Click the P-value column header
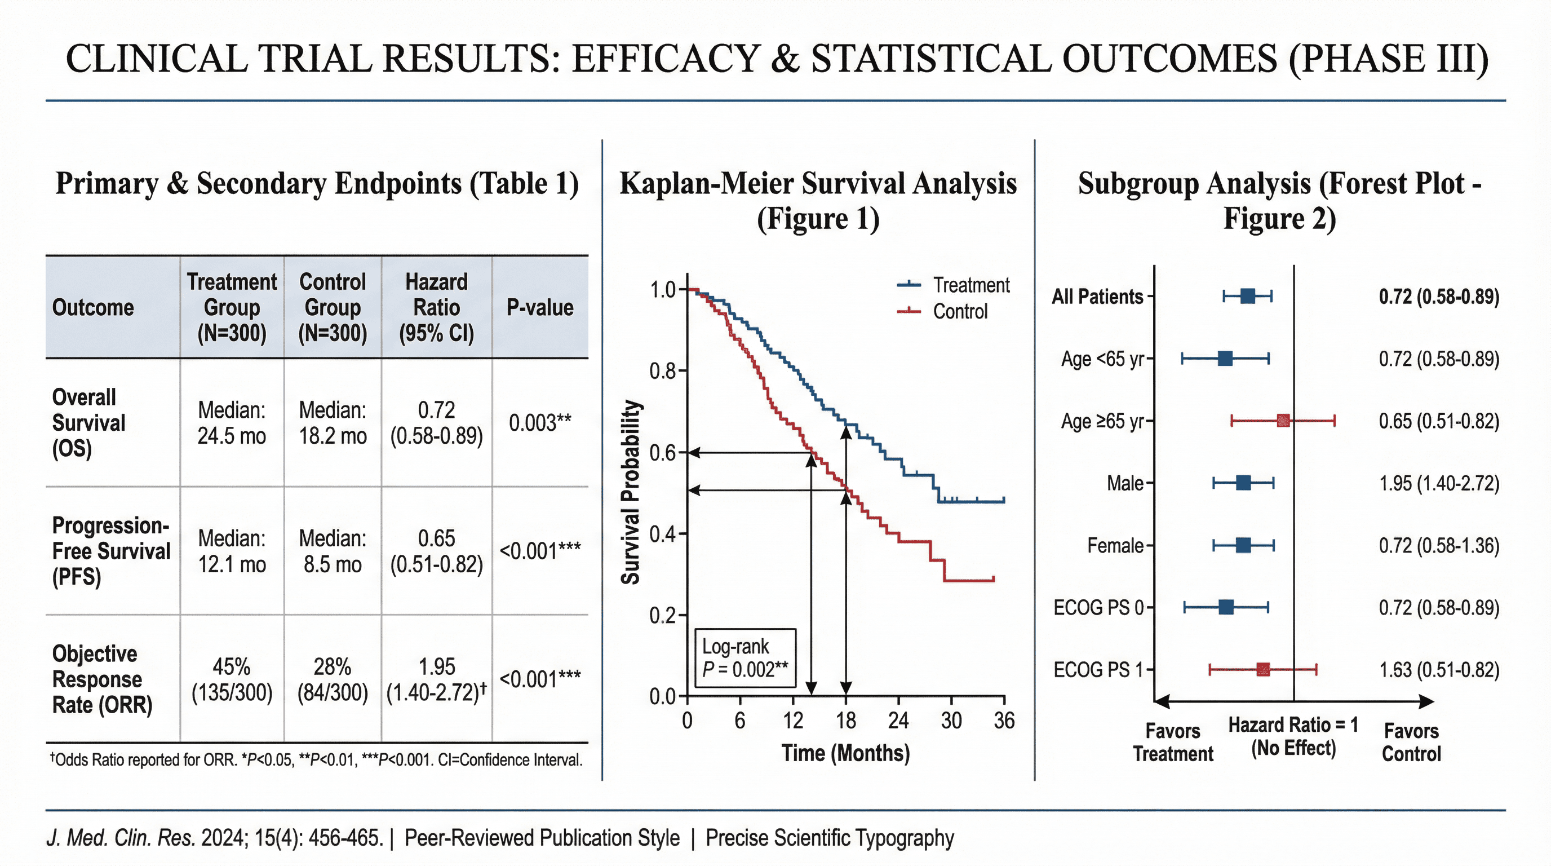[539, 307]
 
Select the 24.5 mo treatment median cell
[232, 423]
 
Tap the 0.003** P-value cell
[539, 423]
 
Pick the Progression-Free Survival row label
[111, 551]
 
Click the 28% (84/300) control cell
[333, 679]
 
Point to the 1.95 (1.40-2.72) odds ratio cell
[437, 679]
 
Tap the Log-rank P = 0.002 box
[745, 657]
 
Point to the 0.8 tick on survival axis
[662, 371]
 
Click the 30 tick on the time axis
[951, 721]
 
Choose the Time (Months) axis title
[845, 753]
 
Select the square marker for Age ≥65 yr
[1283, 421]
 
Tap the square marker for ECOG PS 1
[1263, 669]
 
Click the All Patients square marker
[1248, 295]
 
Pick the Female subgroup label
[1115, 546]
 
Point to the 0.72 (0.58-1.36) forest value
[1439, 546]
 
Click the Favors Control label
[1411, 742]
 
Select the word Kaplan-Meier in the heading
[706, 184]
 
